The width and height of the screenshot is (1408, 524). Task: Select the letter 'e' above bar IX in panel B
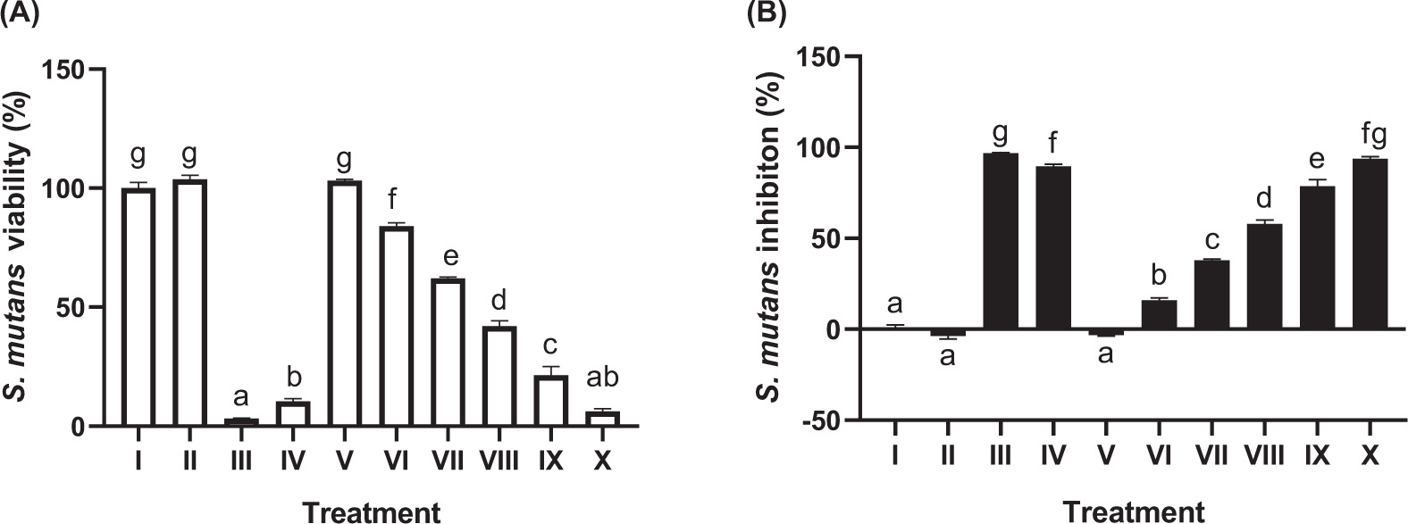click(1318, 161)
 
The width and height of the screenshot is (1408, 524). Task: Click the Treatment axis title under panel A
click(372, 512)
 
